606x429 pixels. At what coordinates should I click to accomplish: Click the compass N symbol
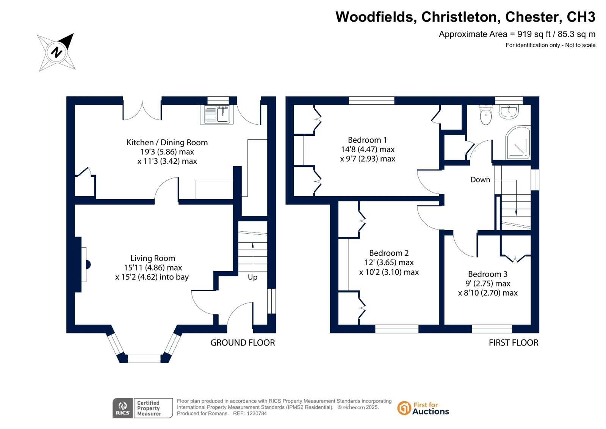tap(56, 52)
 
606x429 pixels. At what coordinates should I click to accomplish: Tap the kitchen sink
tap(217, 115)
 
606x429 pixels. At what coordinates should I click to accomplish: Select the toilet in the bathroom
tap(486, 115)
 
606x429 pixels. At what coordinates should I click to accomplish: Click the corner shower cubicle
tap(518, 143)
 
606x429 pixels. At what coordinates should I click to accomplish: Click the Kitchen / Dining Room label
tap(167, 143)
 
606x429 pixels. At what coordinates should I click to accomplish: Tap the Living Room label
tap(153, 258)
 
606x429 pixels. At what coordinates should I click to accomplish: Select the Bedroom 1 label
tap(367, 140)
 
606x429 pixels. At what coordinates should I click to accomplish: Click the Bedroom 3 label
tap(488, 274)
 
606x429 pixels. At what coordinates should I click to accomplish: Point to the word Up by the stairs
tap(253, 277)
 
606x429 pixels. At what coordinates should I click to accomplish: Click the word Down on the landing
tap(480, 179)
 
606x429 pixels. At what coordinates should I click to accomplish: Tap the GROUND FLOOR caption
tap(243, 343)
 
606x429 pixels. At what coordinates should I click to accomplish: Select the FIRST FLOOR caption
tap(514, 343)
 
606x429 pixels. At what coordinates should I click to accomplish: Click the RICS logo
tap(122, 408)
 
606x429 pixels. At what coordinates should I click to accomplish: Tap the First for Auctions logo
tap(423, 409)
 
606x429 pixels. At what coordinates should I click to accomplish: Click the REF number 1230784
tap(256, 413)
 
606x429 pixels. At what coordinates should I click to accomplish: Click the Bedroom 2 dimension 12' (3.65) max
tap(389, 262)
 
